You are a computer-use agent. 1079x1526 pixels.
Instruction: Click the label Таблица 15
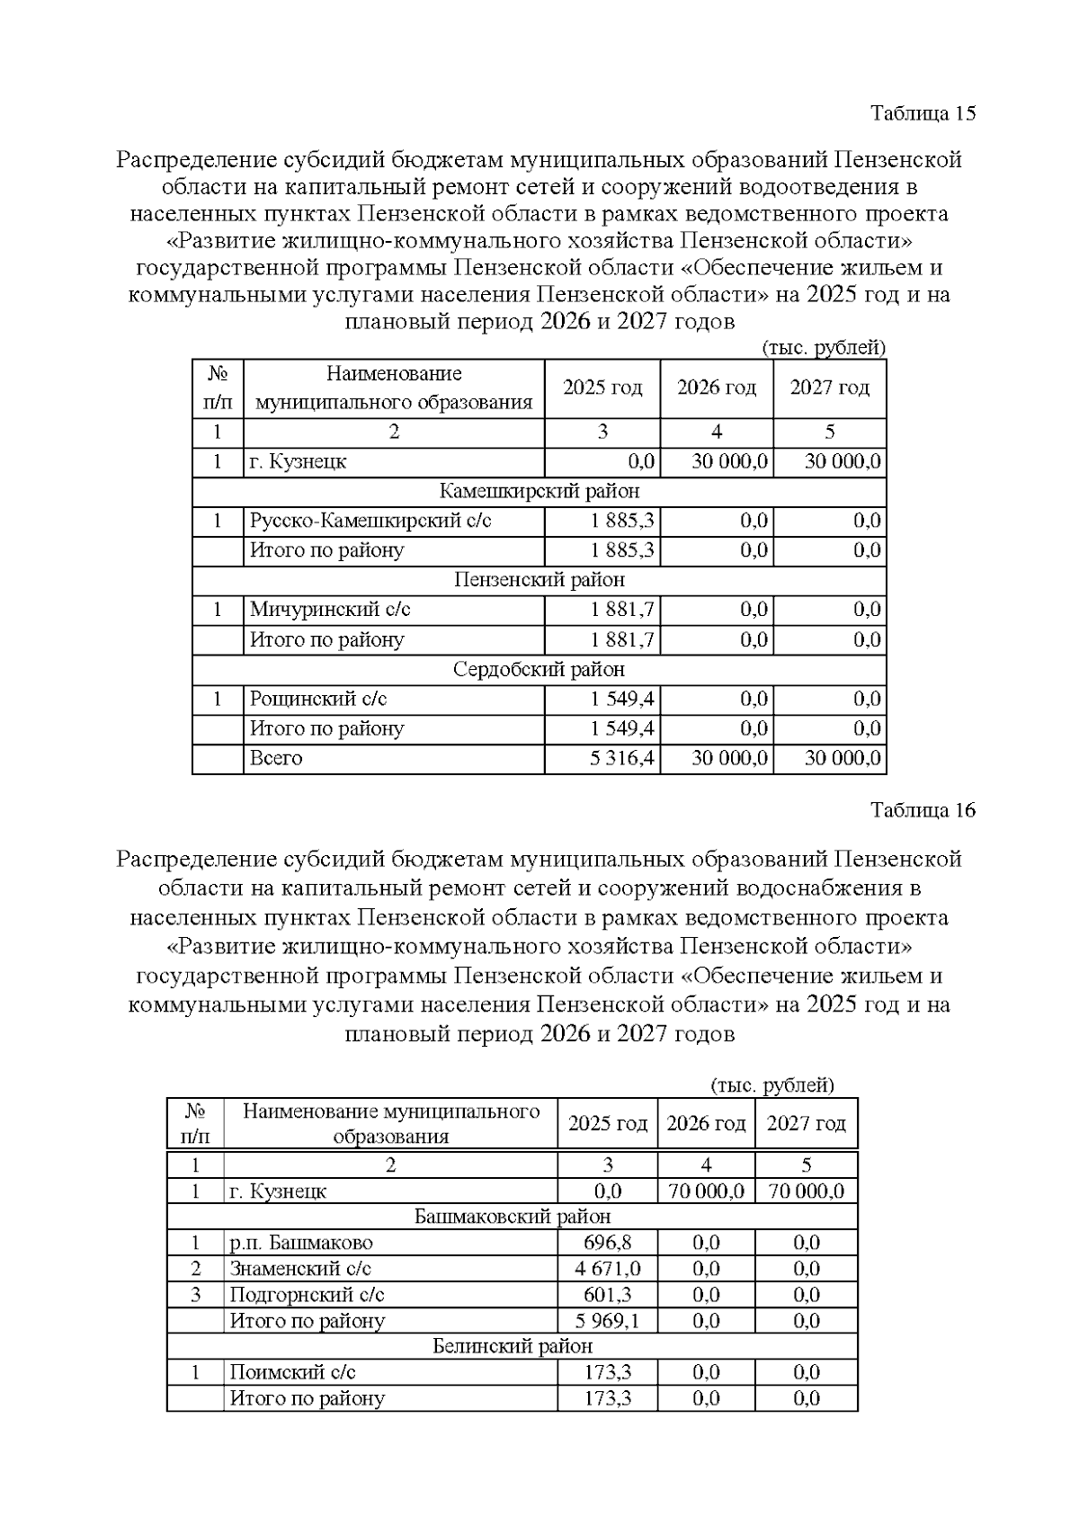[x=923, y=113]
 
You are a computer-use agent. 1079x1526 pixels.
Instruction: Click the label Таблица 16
[x=923, y=810]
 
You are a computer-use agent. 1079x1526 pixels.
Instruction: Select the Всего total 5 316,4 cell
[x=621, y=758]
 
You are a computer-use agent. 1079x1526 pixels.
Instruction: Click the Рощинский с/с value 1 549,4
[x=621, y=699]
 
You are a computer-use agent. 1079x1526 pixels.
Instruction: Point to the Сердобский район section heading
[x=539, y=669]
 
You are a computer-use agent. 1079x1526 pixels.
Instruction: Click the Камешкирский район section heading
[x=539, y=491]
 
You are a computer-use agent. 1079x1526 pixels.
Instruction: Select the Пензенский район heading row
[x=539, y=580]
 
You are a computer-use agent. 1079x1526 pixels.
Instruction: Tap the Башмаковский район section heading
[x=513, y=1217]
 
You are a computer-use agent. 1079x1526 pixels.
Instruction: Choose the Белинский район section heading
[x=513, y=1346]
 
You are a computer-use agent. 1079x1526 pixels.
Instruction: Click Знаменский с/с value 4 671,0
[x=607, y=1269]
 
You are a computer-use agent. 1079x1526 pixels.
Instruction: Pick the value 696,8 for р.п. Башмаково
[x=607, y=1243]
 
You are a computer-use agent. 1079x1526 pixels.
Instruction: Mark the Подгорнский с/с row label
[x=307, y=1295]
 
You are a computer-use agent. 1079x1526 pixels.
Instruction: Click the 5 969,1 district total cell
[x=607, y=1321]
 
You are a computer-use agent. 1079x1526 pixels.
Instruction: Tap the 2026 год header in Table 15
[x=716, y=388]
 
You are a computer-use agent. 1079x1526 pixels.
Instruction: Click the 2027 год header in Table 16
[x=806, y=1124]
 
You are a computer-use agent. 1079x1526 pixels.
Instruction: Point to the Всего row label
[x=276, y=758]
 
